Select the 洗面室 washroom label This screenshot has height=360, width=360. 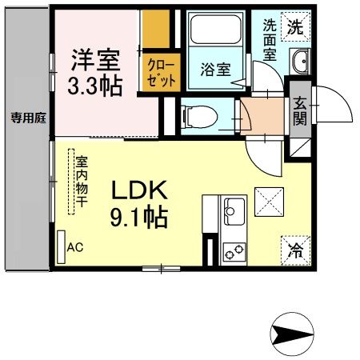click(270, 40)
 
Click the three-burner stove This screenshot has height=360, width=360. click(234, 252)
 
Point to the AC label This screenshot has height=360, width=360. click(75, 248)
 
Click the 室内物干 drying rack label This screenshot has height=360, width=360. click(80, 181)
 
